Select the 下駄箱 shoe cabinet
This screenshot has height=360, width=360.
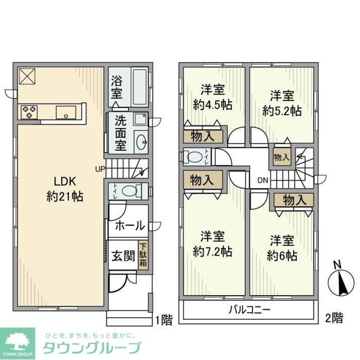143,255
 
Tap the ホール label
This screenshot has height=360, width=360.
130,226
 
